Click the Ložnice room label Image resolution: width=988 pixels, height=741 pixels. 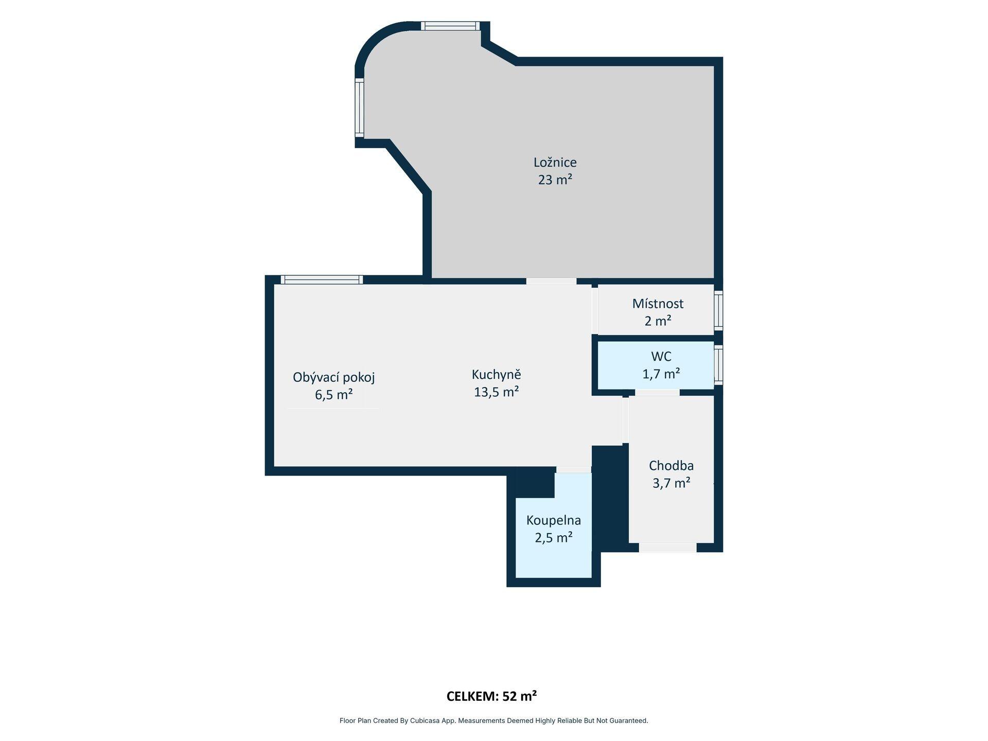(x=555, y=163)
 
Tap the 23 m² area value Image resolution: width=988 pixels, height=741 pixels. (x=555, y=180)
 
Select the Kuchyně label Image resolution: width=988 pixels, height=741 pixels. (x=496, y=375)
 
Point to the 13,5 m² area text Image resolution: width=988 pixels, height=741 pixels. (x=496, y=392)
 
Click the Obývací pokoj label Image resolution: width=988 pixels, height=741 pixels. (x=333, y=378)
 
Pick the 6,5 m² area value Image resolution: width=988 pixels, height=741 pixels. (x=333, y=395)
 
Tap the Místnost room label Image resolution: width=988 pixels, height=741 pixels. (x=658, y=304)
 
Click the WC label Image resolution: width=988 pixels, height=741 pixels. (x=661, y=356)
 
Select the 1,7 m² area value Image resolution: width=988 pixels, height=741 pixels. (x=661, y=374)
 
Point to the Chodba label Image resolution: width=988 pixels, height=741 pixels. (x=671, y=466)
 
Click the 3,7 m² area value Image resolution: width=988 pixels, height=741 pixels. (x=671, y=483)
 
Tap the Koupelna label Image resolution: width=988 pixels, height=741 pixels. (x=553, y=520)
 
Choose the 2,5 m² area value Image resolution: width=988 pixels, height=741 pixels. (x=554, y=538)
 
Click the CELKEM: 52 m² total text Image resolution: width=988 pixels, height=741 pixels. (x=491, y=696)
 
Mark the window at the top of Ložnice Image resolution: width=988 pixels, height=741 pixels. (x=450, y=26)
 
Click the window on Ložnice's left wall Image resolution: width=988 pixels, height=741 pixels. (x=360, y=108)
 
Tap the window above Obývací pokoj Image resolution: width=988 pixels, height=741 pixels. (x=322, y=280)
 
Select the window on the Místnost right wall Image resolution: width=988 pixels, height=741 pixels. (x=718, y=310)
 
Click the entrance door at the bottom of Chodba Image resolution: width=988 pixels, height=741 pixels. (x=667, y=548)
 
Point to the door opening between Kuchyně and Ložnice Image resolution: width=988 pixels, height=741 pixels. (x=551, y=281)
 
